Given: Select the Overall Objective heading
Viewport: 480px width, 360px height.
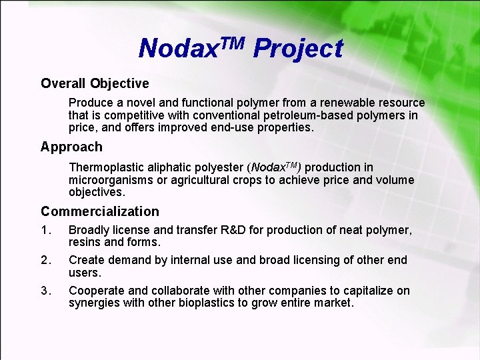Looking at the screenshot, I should (95, 83).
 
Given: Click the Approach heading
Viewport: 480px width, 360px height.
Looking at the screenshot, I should (71, 147).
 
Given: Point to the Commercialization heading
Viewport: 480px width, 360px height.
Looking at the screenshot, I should (100, 211).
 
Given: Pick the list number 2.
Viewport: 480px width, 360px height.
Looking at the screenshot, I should (45, 260).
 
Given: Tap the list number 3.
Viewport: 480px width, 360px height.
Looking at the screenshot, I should (45, 291).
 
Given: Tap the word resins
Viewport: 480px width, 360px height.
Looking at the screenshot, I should (85, 242).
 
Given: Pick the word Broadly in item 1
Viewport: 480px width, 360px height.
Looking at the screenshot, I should (89, 231).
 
